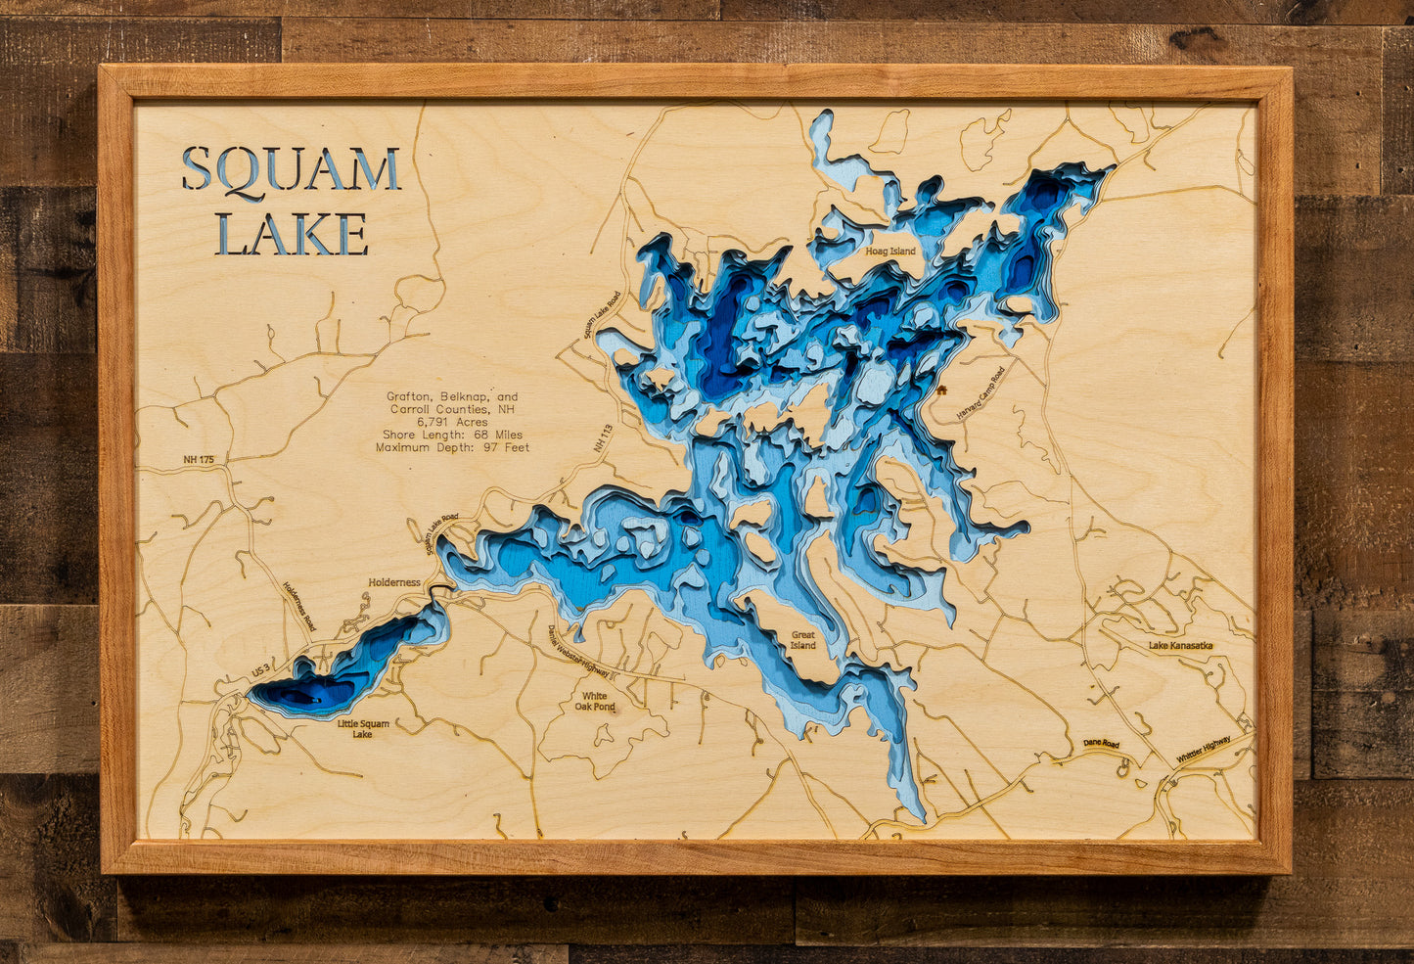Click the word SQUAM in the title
click(x=291, y=169)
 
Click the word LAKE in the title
click(x=292, y=235)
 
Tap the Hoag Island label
click(x=889, y=252)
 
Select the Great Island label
click(x=802, y=640)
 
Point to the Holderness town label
click(x=394, y=582)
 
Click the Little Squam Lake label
click(x=363, y=729)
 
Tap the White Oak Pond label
click(x=594, y=701)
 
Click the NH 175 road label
click(x=198, y=459)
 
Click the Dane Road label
click(x=1101, y=744)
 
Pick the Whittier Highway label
click(x=1203, y=751)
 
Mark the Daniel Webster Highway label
click(x=579, y=653)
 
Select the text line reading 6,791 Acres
click(x=452, y=422)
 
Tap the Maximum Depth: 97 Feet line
click(x=452, y=447)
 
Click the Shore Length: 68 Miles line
click(x=452, y=435)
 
